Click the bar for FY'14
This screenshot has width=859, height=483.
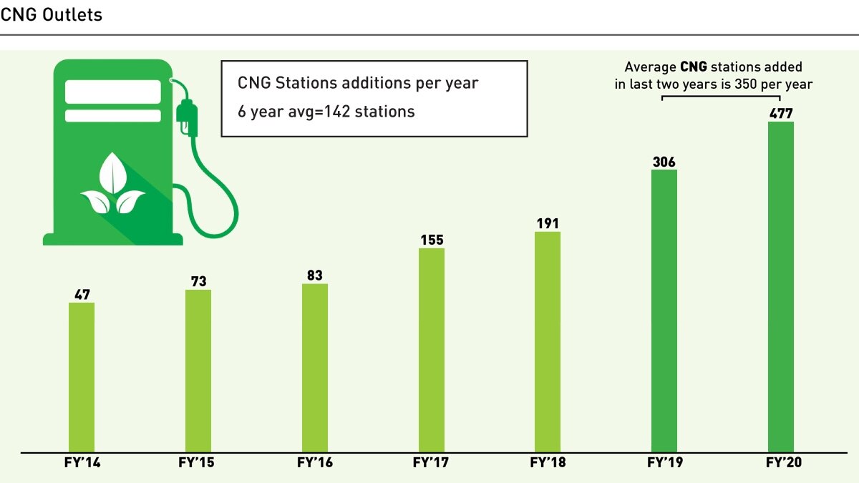click(82, 377)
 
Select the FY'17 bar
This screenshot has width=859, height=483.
click(432, 350)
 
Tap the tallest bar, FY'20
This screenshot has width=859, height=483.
click(781, 286)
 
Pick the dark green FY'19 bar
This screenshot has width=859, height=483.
click(664, 311)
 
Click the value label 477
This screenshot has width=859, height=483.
click(781, 113)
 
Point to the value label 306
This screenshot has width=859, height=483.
click(664, 162)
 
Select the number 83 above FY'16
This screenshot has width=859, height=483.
click(315, 275)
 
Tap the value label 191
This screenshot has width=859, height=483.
click(548, 223)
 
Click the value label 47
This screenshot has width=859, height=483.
click(82, 294)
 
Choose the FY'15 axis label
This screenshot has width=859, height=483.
click(196, 463)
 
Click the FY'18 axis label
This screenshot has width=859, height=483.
click(548, 463)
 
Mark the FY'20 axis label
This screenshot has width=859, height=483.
click(783, 463)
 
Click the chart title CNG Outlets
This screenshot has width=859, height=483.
click(52, 15)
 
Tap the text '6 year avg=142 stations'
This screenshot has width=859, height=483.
click(326, 112)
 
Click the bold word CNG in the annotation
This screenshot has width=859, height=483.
click(694, 67)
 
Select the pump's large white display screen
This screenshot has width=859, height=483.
click(112, 92)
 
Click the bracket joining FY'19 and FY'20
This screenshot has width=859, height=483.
click(722, 96)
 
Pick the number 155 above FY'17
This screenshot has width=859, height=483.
click(432, 240)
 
